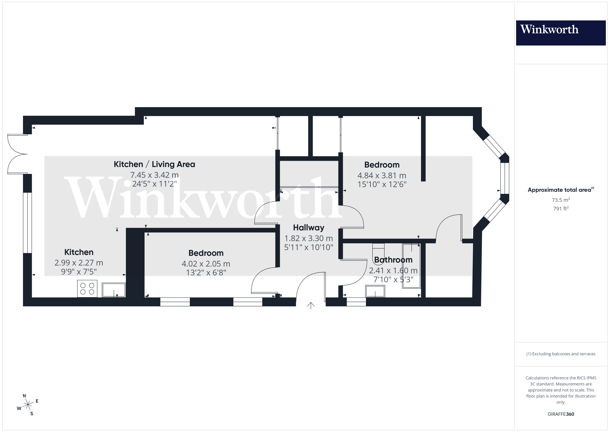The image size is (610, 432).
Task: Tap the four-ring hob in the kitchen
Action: [x=87, y=289]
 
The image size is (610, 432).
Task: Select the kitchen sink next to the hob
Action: [x=113, y=290]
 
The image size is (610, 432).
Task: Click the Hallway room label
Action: [x=308, y=228]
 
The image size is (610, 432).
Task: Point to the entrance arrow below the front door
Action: [x=311, y=306]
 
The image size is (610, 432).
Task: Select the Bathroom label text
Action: [x=393, y=260]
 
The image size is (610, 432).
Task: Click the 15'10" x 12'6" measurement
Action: [x=382, y=184]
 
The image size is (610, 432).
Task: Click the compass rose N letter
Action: [x=24, y=396]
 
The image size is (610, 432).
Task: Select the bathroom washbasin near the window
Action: [x=375, y=291]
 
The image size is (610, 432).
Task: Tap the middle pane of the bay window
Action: [x=505, y=178]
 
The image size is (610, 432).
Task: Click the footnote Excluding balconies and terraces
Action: [x=561, y=354]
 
